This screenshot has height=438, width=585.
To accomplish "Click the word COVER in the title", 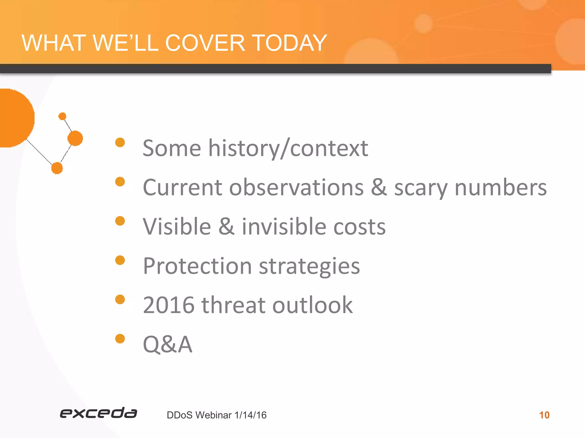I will point(205,43).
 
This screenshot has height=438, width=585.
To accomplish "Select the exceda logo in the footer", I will point(98,413).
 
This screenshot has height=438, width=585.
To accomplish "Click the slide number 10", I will point(544,415).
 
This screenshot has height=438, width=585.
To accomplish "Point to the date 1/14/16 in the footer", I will point(250,415).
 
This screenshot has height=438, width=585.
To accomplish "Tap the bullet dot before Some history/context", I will point(120,142).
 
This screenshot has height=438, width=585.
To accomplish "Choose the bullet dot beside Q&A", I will point(120,339).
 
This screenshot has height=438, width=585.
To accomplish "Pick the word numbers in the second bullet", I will point(500,188).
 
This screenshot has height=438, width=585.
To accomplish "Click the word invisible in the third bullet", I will point(284,227).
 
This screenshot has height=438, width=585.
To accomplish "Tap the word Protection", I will point(197,266).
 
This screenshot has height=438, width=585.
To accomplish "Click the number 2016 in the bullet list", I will point(169,305).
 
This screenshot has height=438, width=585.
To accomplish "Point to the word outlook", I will point(312,305).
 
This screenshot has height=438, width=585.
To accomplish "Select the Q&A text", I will point(167,344).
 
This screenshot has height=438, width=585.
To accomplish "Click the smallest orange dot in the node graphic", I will point(62,116).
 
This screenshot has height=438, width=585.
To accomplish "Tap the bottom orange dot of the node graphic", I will point(57,168).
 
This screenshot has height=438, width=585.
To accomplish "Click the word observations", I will point(296,188).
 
